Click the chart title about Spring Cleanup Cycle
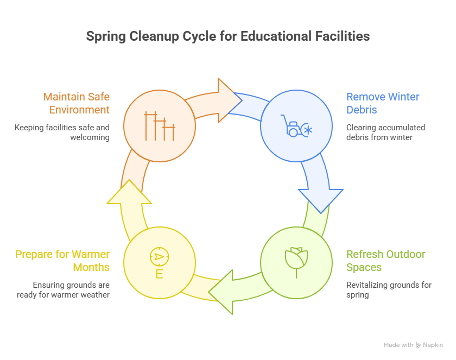click(228, 36)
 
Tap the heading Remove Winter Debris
click(383, 103)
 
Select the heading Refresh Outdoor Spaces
click(385, 261)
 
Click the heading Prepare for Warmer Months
click(62, 261)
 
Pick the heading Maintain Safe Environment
click(76, 103)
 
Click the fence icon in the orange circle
click(159, 126)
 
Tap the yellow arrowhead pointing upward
click(129, 193)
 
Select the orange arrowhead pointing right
click(229, 98)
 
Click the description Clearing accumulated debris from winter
click(385, 132)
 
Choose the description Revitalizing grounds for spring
click(389, 290)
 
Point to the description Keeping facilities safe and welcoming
click(62, 132)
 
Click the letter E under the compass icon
click(159, 274)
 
